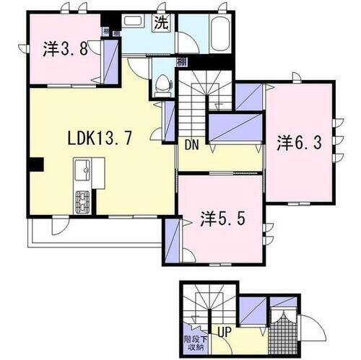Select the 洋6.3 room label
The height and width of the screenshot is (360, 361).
tap(299, 143)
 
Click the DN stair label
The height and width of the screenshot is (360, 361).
tap(191, 144)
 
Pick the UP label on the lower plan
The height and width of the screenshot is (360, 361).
tap(225, 333)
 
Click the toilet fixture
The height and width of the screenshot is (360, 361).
tap(162, 82)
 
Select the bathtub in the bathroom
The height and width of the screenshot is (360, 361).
tap(219, 33)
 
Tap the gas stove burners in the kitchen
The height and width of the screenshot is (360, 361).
tap(82, 200)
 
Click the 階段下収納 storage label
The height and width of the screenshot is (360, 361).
tap(193, 341)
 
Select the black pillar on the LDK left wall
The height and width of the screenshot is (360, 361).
tap(35, 165)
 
